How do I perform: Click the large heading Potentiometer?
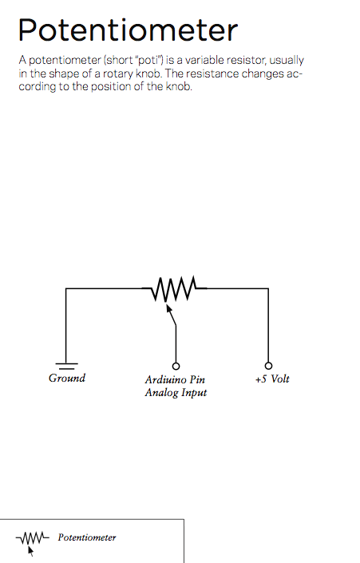[x=128, y=30]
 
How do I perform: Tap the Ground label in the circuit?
[x=67, y=378]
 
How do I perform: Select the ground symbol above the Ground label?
[x=66, y=366]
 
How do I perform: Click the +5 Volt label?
[x=272, y=379]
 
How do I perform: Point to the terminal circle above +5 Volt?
[x=268, y=366]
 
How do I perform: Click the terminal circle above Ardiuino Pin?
[x=176, y=366]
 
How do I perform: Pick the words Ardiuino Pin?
[x=175, y=379]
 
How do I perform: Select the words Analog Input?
[x=176, y=392]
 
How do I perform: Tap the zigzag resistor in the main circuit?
[x=174, y=288]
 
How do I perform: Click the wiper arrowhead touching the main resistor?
[x=168, y=307]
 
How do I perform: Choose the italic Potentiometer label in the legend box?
[x=87, y=537]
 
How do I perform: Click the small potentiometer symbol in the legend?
[x=32, y=541]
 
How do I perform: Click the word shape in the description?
[x=63, y=74]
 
